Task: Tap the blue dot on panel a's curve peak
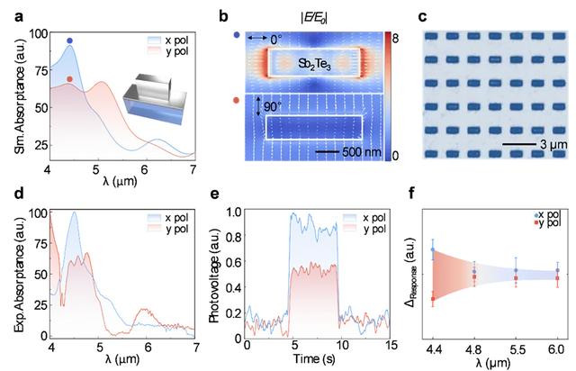pos(70,41)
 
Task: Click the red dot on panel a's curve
pos(70,79)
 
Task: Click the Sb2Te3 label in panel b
pos(316,64)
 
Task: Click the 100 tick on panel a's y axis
pos(35,34)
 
